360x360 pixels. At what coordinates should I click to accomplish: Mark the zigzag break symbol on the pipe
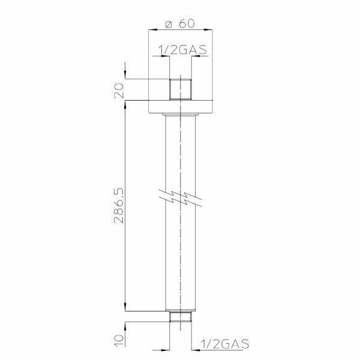(181, 197)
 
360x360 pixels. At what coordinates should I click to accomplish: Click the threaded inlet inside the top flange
(181, 89)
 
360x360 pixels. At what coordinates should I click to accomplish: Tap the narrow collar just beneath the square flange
(181, 114)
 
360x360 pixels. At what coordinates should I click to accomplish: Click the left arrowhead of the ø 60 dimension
(152, 29)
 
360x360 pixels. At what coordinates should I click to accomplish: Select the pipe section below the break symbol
(181, 258)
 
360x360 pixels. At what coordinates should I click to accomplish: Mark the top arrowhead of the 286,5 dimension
(126, 104)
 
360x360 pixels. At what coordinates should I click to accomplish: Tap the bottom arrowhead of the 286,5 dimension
(126, 308)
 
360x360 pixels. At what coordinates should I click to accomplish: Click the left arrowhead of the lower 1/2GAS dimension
(167, 349)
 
